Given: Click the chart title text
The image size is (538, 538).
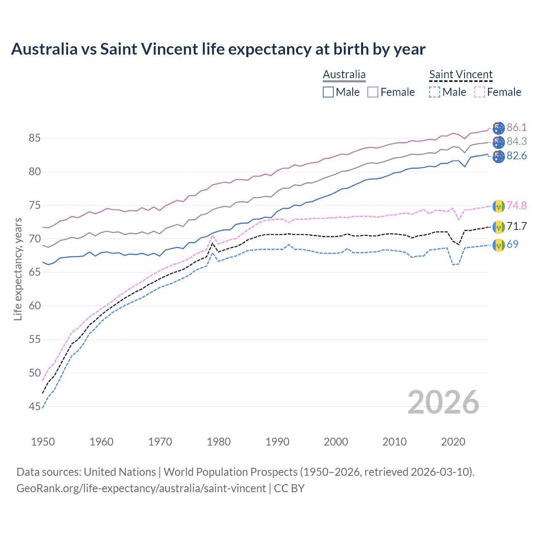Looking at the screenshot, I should [218, 49].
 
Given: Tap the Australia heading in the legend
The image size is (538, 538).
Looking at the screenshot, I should [344, 74].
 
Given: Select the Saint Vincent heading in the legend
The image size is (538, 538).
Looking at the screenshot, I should [461, 74].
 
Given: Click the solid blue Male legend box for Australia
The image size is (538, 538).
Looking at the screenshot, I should [328, 92].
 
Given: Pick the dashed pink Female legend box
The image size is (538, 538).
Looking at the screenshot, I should [480, 92].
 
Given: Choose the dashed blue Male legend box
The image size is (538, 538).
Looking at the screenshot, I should [435, 92].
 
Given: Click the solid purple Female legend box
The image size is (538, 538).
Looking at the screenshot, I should [373, 92].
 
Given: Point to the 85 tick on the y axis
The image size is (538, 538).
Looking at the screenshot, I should [34, 138].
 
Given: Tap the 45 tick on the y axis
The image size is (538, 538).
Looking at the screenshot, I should [34, 406].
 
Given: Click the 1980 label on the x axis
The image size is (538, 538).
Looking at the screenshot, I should [219, 442].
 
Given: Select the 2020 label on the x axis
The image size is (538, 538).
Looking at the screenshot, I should [453, 442].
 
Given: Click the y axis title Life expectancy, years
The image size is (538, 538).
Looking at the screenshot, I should [18, 269].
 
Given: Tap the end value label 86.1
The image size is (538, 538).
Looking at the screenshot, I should [517, 127].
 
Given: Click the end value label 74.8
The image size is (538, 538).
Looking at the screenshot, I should [517, 206].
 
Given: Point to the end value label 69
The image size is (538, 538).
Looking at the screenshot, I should [512, 244].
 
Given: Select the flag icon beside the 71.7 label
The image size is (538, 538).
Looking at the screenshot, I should [498, 227].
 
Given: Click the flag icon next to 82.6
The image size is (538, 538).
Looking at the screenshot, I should [498, 156].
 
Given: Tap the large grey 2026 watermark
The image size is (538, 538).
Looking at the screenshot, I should [443, 403].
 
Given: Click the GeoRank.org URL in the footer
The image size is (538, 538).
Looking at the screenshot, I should [141, 488].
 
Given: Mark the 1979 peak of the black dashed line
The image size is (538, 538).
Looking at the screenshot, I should [213, 243].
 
